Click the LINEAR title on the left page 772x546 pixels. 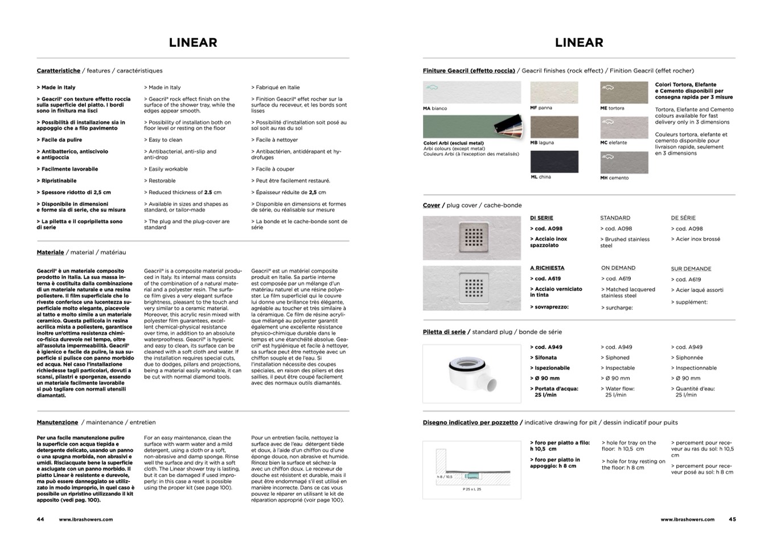point(193,43)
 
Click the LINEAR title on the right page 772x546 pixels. point(579,43)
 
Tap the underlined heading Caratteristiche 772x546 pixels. point(59,71)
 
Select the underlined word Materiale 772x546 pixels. point(51,252)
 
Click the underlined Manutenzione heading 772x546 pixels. point(58,422)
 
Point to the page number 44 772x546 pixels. point(40,519)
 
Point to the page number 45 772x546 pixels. point(732,519)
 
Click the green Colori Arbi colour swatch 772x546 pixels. point(455,126)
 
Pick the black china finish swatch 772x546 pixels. point(554,162)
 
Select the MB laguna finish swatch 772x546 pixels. point(554,127)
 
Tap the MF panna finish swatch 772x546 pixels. point(554,92)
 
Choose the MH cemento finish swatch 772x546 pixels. point(624,163)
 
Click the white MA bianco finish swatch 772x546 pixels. point(471,92)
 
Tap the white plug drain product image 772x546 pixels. point(471,372)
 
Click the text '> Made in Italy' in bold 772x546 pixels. point(56,88)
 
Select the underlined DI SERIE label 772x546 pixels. point(541,218)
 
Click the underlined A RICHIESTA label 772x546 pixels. point(547,268)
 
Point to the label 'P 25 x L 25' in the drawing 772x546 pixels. point(472,489)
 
